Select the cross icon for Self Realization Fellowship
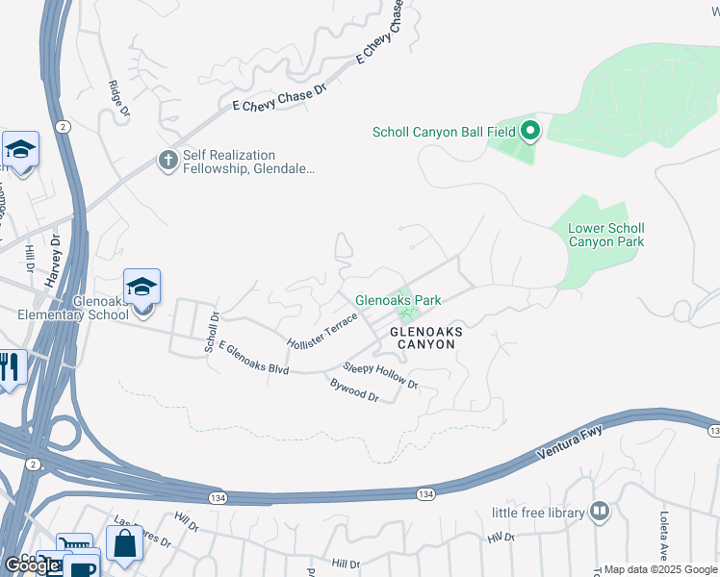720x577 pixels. coord(168,161)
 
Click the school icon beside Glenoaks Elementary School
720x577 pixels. coord(141,287)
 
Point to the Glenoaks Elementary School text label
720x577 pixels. coord(73,308)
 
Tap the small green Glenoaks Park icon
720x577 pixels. coord(407,314)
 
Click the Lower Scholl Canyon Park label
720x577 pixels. coord(605,235)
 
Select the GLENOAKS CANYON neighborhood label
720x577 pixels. coord(426,338)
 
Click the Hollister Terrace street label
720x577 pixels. coord(322,330)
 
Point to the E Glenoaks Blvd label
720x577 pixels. coord(254,357)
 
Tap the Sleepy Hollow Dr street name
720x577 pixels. coord(381,376)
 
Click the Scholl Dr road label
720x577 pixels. coord(212,330)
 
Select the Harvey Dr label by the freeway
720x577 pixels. coord(52,261)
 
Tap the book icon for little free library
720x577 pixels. coord(600,512)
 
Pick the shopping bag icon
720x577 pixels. coord(124,543)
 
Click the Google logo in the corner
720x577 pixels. coord(31,564)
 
